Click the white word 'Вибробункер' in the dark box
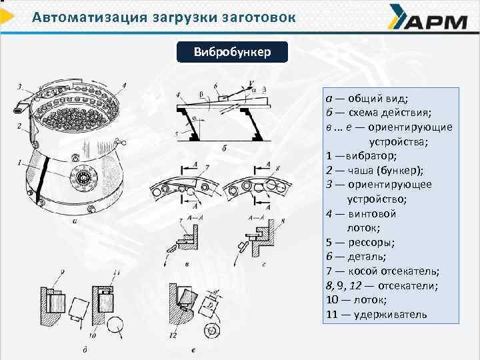(x=232, y=52)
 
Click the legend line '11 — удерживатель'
(x=377, y=315)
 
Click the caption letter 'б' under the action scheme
(x=225, y=148)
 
